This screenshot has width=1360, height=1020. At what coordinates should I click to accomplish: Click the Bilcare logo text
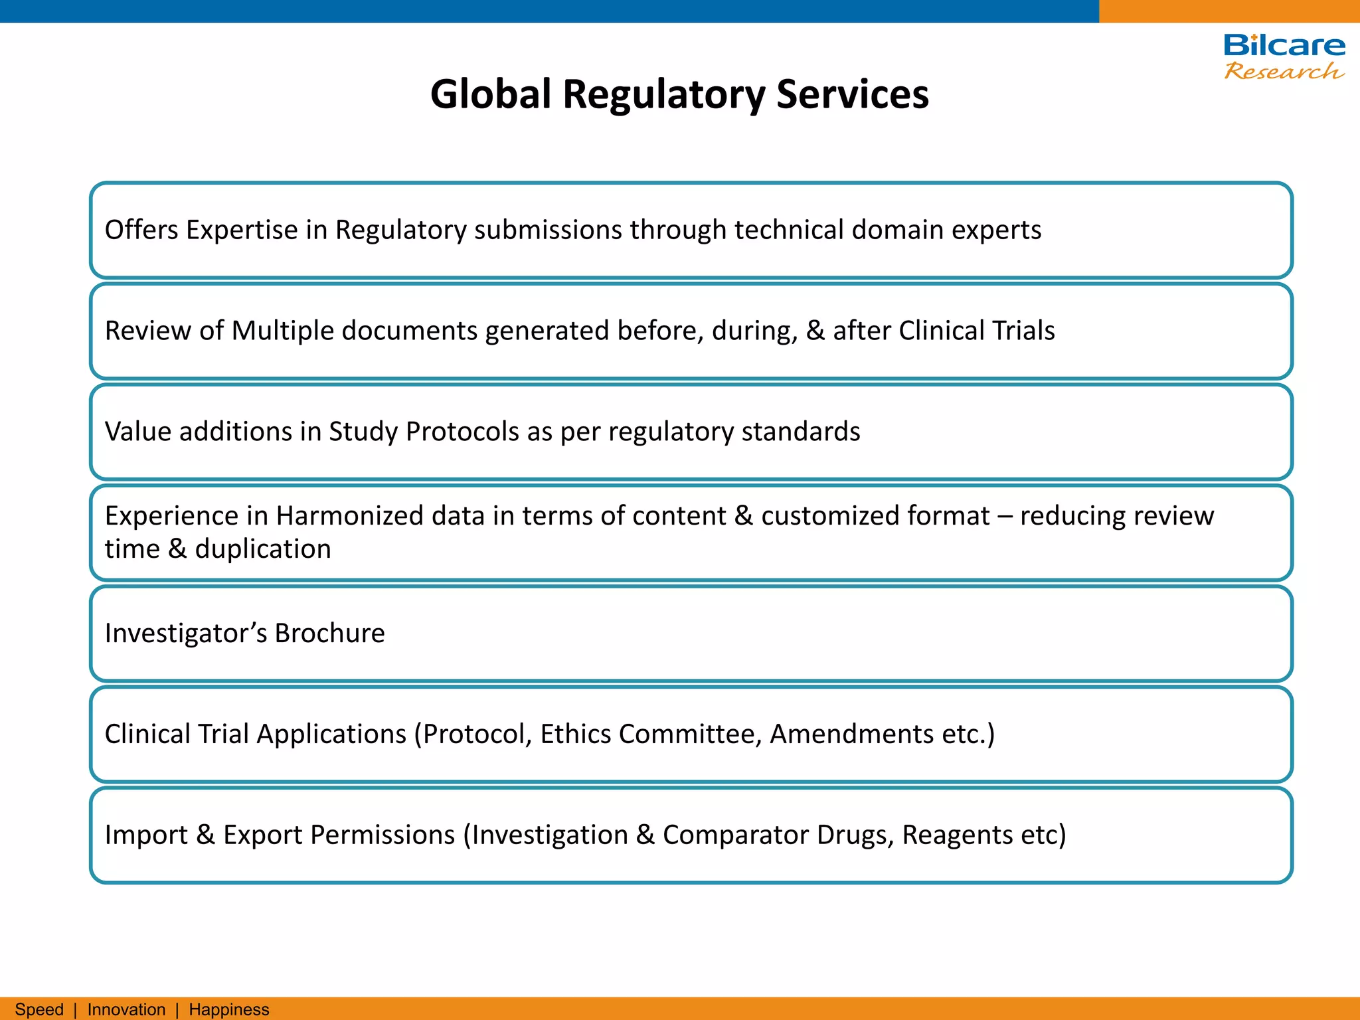point(1284,46)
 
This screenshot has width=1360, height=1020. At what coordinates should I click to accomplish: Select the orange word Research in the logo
point(1284,71)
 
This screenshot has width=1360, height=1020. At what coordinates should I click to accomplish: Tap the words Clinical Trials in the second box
point(976,331)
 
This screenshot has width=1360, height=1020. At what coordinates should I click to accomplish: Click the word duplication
point(263,549)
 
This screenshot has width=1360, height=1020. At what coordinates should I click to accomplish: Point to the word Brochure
point(329,634)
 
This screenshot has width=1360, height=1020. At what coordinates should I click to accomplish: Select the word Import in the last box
point(146,835)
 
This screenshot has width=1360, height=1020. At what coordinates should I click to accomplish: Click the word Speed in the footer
point(39,1009)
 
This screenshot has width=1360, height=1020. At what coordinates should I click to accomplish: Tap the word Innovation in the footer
point(126,1009)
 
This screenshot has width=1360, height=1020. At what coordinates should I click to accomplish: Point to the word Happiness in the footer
point(229,1009)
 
